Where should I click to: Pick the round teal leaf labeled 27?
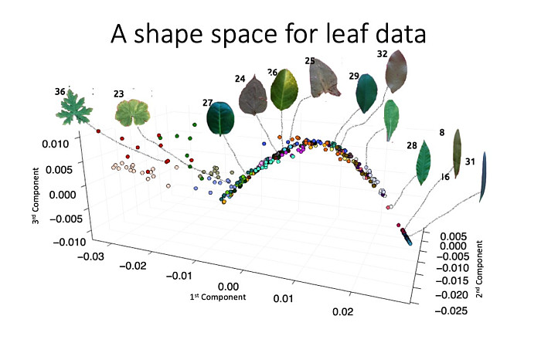221,119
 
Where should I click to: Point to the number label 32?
382,54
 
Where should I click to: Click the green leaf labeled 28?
424,161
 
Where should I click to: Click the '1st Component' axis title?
219,297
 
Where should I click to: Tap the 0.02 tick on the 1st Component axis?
342,311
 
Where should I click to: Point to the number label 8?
442,132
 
